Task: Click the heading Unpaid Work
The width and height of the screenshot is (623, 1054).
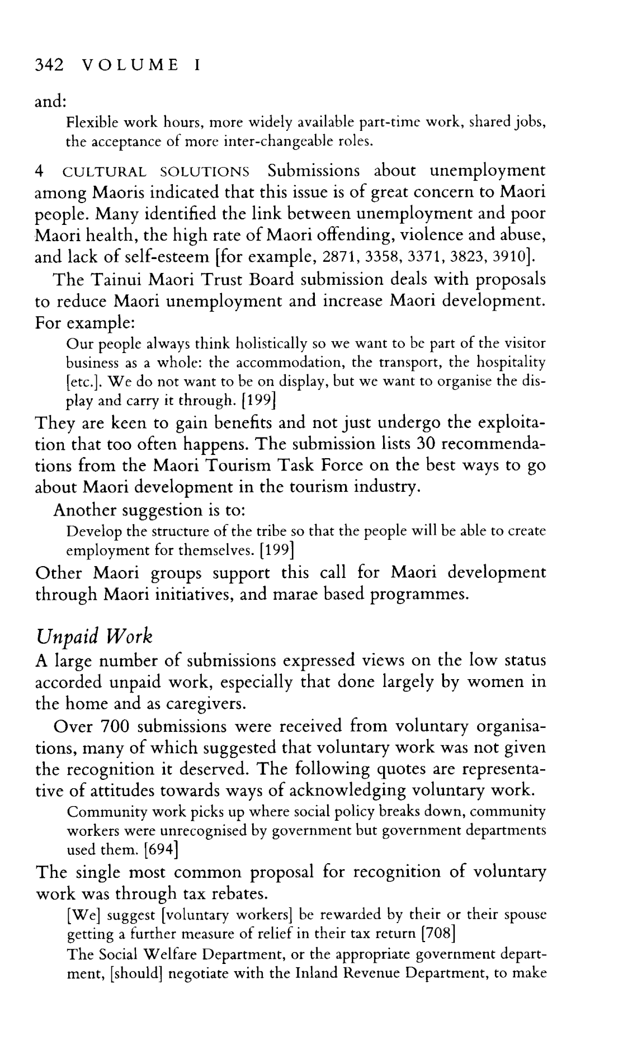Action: coord(93,636)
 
